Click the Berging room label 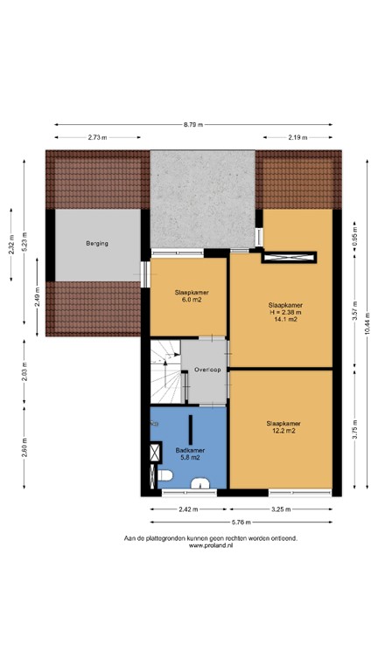96,243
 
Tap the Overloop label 206,369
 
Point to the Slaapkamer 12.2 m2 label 282,427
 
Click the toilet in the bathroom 165,476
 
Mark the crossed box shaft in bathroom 157,453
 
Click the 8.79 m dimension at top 193,125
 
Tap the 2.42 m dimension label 185,508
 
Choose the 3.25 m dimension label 280,508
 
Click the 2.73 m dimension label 97,138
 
